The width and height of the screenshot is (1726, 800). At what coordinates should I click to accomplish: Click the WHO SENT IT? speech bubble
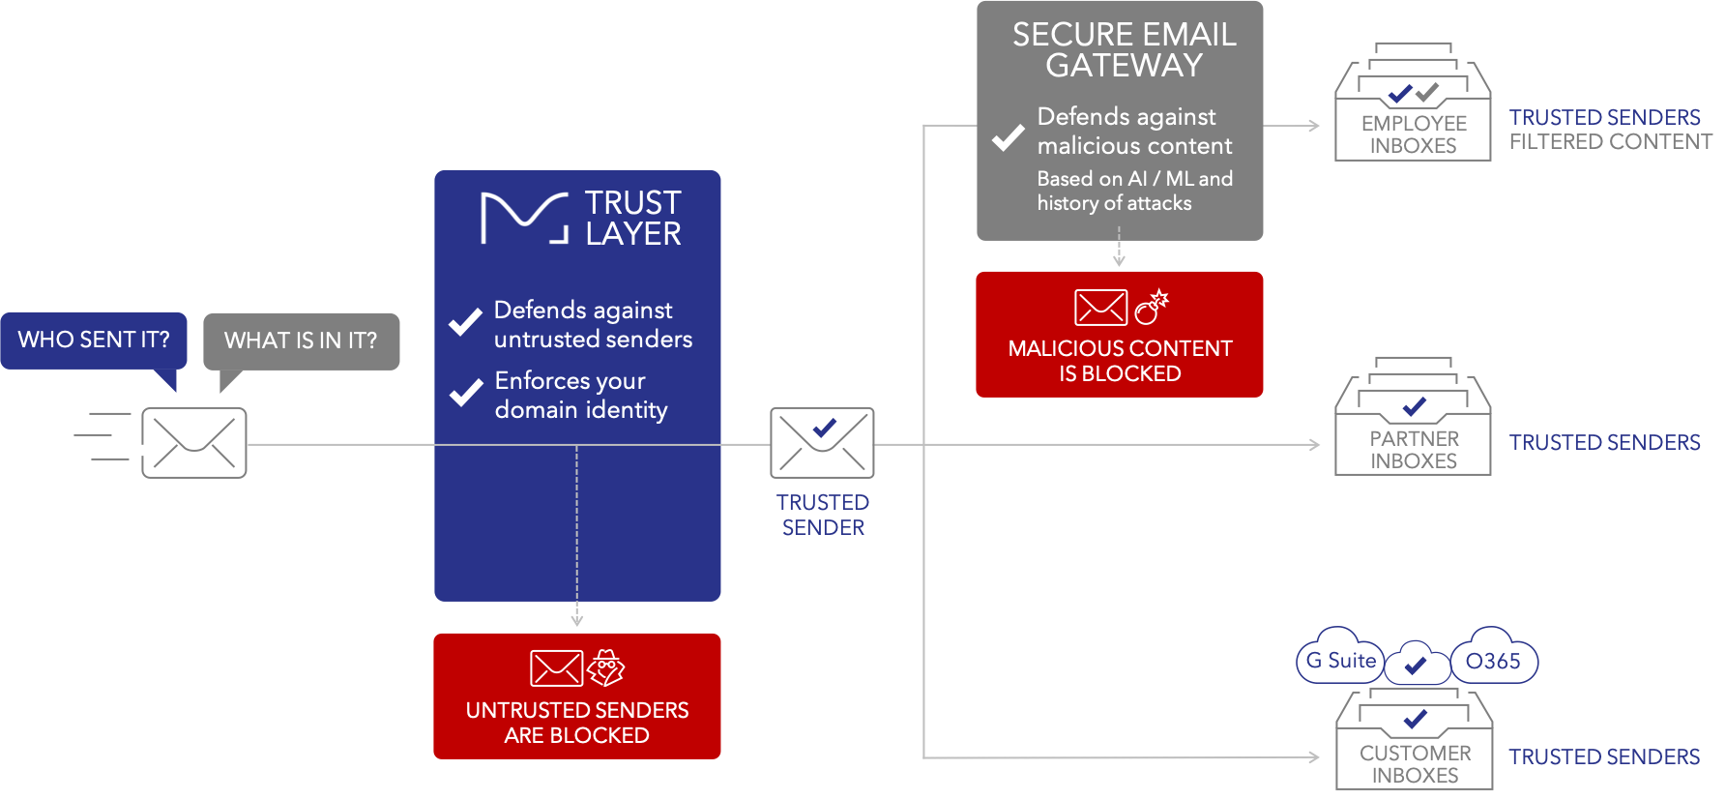pyautogui.click(x=94, y=341)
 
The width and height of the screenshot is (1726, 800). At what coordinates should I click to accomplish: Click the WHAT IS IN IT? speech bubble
pyautogui.click(x=301, y=341)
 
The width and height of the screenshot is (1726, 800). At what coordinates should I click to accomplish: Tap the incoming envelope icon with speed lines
pyautogui.click(x=193, y=443)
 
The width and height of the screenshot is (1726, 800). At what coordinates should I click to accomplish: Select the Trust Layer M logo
pyautogui.click(x=524, y=218)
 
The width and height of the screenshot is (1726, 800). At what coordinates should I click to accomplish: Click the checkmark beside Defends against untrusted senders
pyautogui.click(x=465, y=322)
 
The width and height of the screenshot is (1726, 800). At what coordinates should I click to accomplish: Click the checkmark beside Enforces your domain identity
pyautogui.click(x=465, y=392)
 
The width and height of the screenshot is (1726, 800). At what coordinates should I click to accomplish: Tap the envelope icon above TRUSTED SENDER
pyautogui.click(x=822, y=443)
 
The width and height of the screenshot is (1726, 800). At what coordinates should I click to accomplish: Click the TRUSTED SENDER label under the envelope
pyautogui.click(x=823, y=515)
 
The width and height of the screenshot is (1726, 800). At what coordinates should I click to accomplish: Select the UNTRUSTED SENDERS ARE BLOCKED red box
pyautogui.click(x=577, y=696)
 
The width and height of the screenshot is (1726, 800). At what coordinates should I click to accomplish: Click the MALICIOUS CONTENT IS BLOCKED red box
pyautogui.click(x=1120, y=335)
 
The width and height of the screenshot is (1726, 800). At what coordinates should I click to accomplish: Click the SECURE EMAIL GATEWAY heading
pyautogui.click(x=1124, y=49)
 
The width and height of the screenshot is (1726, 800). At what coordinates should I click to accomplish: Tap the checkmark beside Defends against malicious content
pyautogui.click(x=1008, y=137)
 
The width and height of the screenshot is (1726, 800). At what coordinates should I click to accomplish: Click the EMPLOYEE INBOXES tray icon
pyautogui.click(x=1413, y=106)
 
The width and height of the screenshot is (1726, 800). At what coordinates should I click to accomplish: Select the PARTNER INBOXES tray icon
pyautogui.click(x=1413, y=421)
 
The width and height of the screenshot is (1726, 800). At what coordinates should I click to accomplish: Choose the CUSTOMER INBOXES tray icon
pyautogui.click(x=1415, y=740)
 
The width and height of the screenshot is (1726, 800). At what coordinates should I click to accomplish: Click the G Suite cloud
pyautogui.click(x=1341, y=661)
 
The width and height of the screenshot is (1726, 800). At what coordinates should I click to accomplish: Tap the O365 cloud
pyautogui.click(x=1493, y=661)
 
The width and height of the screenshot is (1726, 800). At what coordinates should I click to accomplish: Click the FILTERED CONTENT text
pyautogui.click(x=1611, y=142)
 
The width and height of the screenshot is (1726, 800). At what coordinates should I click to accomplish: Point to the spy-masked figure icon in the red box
pyautogui.click(x=606, y=667)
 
